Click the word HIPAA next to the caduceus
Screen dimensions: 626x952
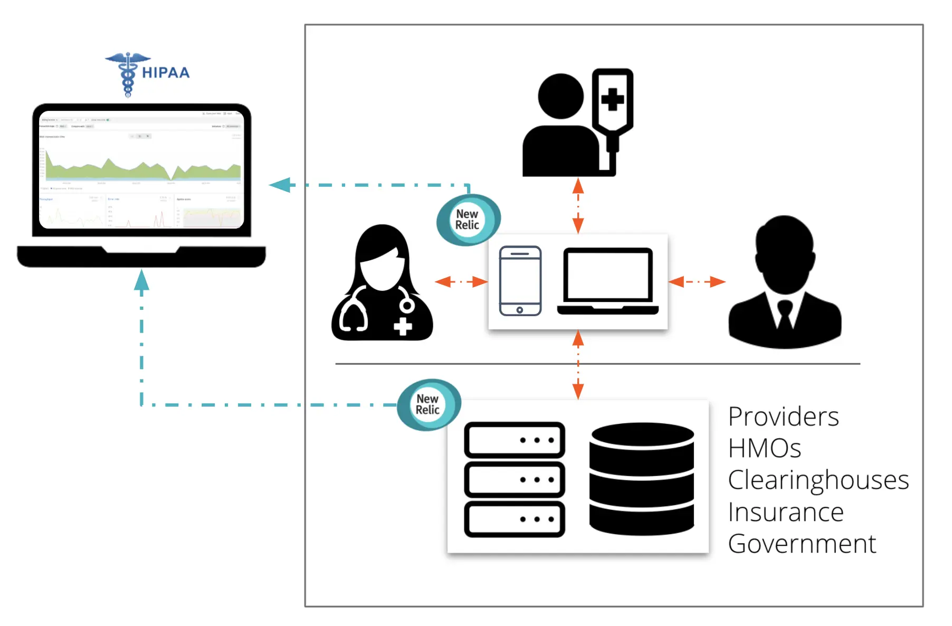(x=166, y=73)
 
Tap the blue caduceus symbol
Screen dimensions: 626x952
(x=127, y=73)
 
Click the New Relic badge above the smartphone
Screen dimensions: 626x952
(x=468, y=219)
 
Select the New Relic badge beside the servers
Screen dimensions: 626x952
(x=428, y=404)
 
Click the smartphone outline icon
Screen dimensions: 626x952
(x=520, y=281)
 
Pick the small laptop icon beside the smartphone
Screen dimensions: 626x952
(x=607, y=281)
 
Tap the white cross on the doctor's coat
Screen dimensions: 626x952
(x=403, y=326)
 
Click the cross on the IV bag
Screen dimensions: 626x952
(x=612, y=99)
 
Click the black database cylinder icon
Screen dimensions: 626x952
(x=641, y=478)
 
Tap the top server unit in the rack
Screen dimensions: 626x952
(x=515, y=440)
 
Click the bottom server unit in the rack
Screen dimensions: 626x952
(x=515, y=519)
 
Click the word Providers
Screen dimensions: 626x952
(x=783, y=416)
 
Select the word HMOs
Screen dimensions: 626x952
(x=764, y=448)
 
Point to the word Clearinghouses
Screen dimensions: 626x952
(x=818, y=480)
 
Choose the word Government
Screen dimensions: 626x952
(x=802, y=544)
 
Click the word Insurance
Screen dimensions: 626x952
(x=785, y=512)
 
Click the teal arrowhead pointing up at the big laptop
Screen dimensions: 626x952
(x=141, y=280)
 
